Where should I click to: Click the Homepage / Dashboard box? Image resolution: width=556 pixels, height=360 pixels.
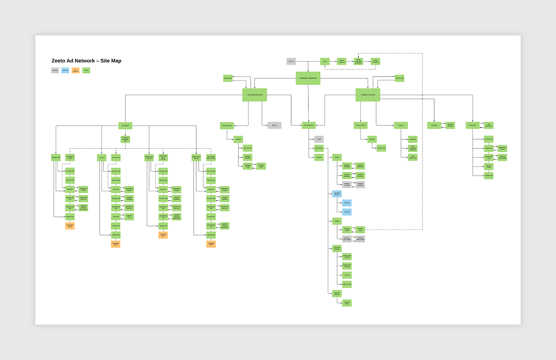pyautogui.click(x=308, y=78)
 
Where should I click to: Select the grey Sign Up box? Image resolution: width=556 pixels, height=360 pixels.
pyautogui.click(x=291, y=61)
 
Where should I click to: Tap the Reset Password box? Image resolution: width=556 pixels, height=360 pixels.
pyautogui.click(x=341, y=61)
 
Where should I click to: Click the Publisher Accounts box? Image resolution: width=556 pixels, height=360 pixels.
pyautogui.click(x=368, y=95)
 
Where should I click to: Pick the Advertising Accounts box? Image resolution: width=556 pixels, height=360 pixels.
pyautogui.click(x=255, y=95)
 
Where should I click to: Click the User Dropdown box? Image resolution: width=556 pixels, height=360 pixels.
pyautogui.click(x=308, y=125)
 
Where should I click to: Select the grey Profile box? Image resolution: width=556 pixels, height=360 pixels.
pyautogui.click(x=319, y=139)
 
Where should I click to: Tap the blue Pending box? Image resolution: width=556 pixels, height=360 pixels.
pyautogui.click(x=347, y=203)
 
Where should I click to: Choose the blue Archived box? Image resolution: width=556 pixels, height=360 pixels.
pyautogui.click(x=347, y=212)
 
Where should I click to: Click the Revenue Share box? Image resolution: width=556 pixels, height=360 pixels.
pyautogui.click(x=347, y=303)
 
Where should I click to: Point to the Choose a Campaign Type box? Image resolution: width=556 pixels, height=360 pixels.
pyautogui.click(x=125, y=139)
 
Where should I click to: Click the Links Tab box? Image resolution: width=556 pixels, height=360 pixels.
pyautogui.click(x=116, y=216)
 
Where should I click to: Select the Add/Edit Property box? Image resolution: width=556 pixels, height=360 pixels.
pyautogui.click(x=450, y=125)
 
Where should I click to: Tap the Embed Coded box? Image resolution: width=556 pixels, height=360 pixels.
pyautogui.click(x=489, y=166)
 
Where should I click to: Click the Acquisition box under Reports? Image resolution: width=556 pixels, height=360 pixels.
pyautogui.click(x=413, y=139)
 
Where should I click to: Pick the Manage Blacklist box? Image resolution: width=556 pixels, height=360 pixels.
pyautogui.click(x=248, y=157)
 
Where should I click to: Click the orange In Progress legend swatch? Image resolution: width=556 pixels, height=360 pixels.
pyautogui.click(x=75, y=71)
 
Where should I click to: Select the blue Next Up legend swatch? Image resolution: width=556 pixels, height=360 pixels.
pyautogui.click(x=65, y=71)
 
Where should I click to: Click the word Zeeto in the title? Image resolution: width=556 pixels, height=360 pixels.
pyautogui.click(x=58, y=61)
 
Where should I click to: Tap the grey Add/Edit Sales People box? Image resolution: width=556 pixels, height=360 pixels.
pyautogui.click(x=360, y=239)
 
